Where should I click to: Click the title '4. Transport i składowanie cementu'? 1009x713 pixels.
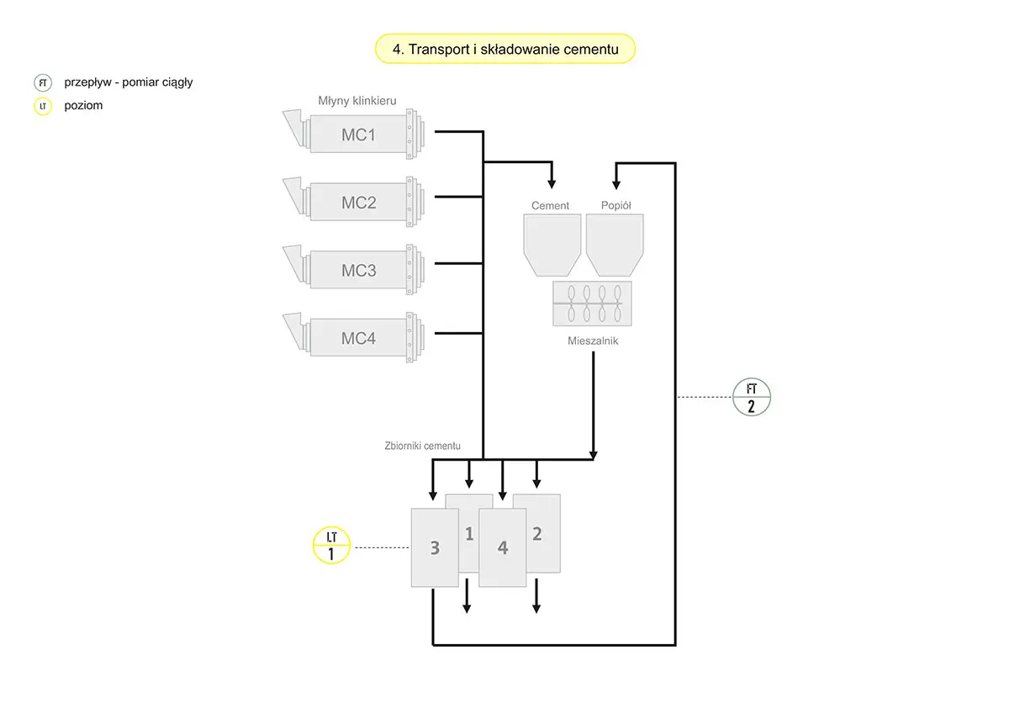click(x=505, y=50)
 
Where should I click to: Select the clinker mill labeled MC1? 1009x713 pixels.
click(x=358, y=134)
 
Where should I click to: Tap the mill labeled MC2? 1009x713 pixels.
click(x=358, y=203)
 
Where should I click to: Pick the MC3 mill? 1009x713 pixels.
click(x=358, y=271)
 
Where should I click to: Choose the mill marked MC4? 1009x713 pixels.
click(x=358, y=339)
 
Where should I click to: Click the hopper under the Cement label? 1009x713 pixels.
click(x=552, y=244)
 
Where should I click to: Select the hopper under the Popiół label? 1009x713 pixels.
click(x=615, y=244)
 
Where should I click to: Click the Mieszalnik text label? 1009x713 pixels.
click(x=593, y=341)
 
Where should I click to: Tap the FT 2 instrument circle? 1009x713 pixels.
click(x=751, y=397)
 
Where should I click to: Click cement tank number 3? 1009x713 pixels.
click(x=433, y=547)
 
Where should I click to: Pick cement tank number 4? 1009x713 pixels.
click(x=503, y=547)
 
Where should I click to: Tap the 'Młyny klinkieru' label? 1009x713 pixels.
click(x=351, y=100)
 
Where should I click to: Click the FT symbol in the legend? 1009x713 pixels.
click(x=43, y=82)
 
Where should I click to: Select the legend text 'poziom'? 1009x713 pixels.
click(x=83, y=106)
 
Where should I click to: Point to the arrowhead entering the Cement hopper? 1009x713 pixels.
click(x=552, y=182)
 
